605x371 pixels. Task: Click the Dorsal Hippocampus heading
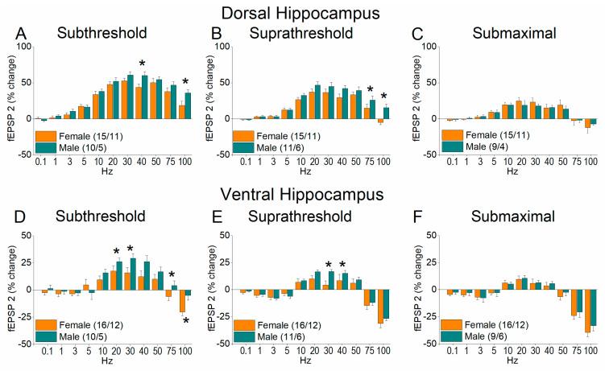pyautogui.click(x=301, y=12)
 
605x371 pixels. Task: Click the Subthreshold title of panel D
pyautogui.click(x=100, y=216)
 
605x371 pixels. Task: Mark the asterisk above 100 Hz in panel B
pyautogui.click(x=383, y=97)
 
